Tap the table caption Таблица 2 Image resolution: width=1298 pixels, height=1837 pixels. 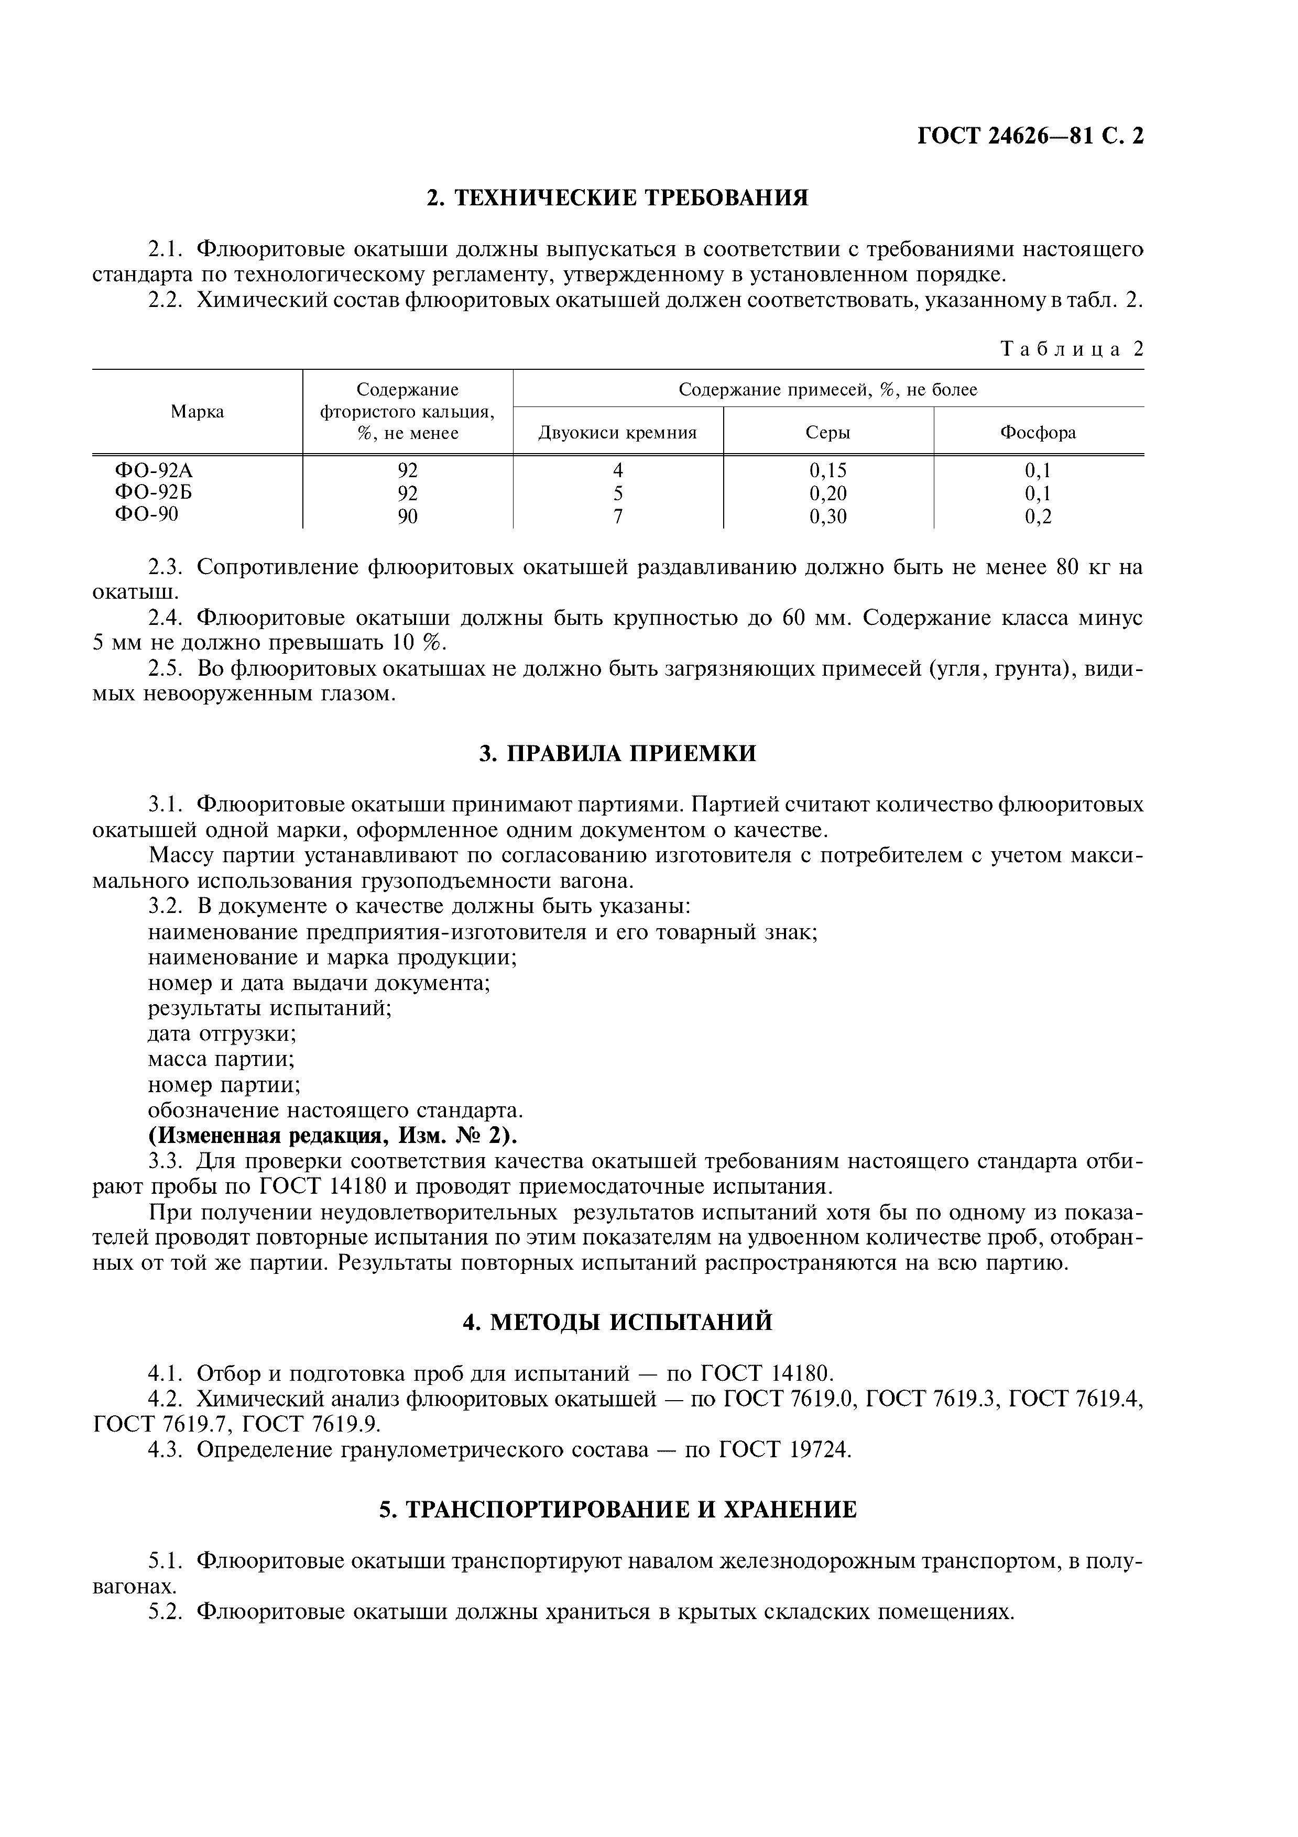coord(1072,349)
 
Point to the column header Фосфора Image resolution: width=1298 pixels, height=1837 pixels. coord(1038,433)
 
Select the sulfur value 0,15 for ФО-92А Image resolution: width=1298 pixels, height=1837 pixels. coord(827,470)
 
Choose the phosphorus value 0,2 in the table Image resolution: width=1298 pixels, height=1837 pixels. coord(1038,517)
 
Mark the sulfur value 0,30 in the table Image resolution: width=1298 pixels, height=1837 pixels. coord(827,517)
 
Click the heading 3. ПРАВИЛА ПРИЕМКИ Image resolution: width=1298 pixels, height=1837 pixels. coord(617,754)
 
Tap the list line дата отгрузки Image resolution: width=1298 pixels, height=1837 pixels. coord(223,1033)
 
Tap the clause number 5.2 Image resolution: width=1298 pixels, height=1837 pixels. coord(167,1611)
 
